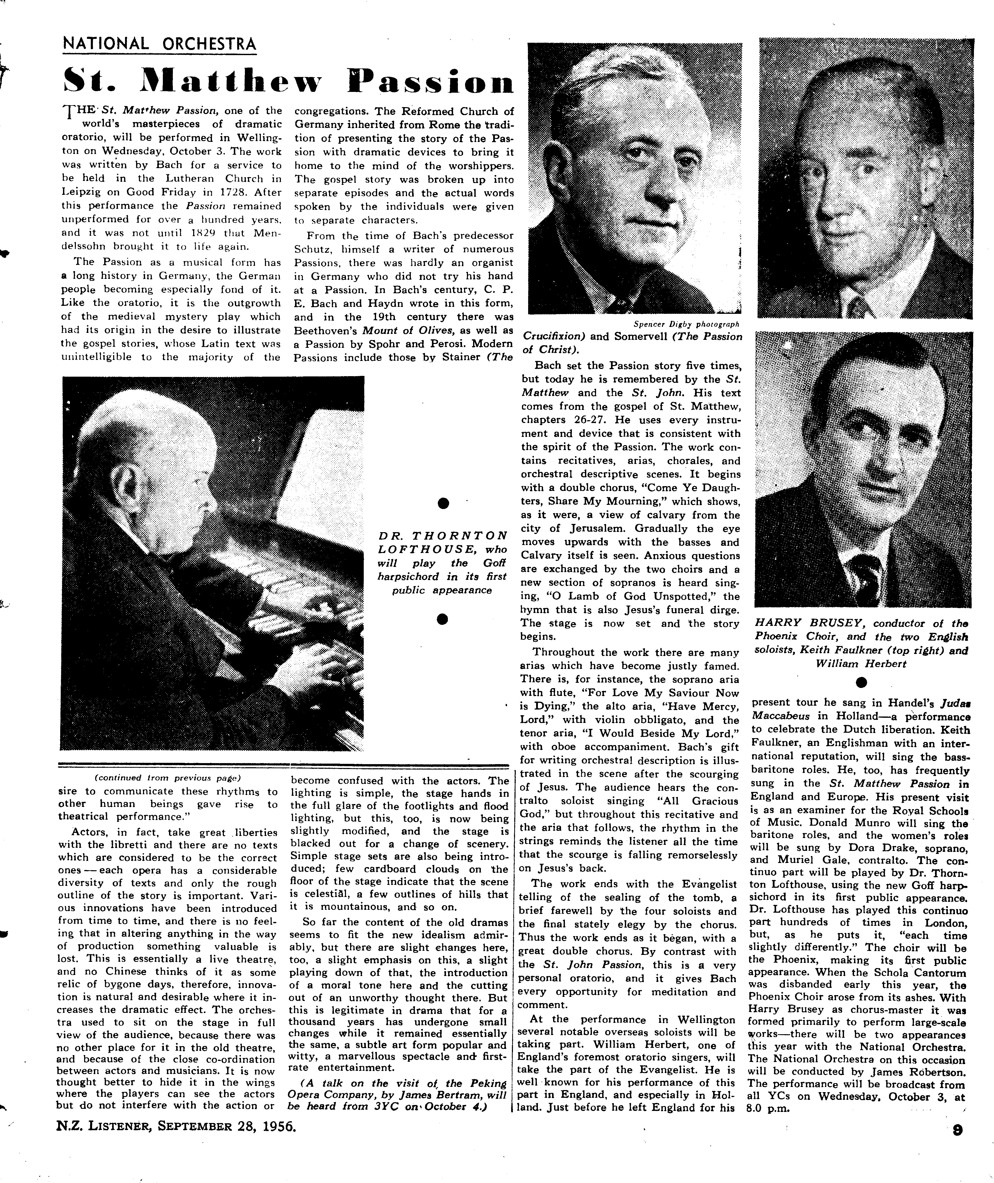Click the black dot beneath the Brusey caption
(860, 683)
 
